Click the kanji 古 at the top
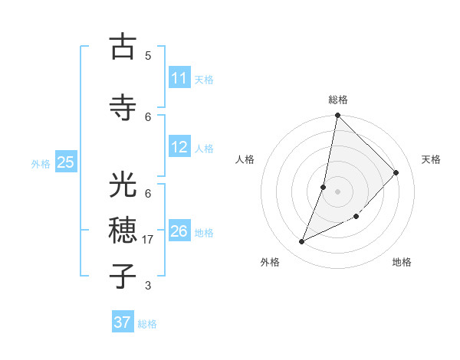tap(123, 47)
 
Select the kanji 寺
tap(123, 107)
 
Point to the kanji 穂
tap(123, 229)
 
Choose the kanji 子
tap(123, 275)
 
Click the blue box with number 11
tap(179, 78)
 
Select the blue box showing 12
tap(179, 147)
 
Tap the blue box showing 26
tap(179, 231)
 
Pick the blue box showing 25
tap(65, 162)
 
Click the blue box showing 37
tap(123, 322)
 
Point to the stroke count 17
tap(149, 240)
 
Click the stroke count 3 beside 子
tap(148, 286)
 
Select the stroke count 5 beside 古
tap(148, 55)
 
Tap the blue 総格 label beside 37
tap(147, 324)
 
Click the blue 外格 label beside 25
tap(41, 163)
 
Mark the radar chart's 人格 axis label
tap(245, 159)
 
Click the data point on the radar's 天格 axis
tap(396, 172)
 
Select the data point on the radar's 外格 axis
tap(302, 242)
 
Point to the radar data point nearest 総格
tap(337, 115)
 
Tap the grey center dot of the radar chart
tap(337, 191)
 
